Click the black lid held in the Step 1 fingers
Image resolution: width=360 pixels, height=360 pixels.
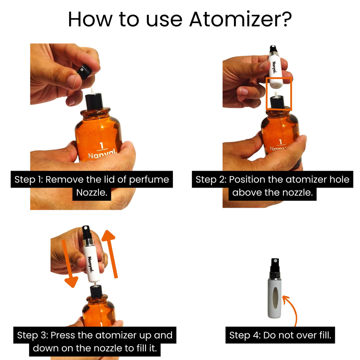click(84, 71)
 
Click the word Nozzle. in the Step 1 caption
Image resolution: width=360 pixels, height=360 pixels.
click(92, 192)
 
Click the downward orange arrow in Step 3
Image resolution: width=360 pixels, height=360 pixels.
click(69, 264)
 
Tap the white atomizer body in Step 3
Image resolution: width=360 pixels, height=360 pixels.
click(91, 264)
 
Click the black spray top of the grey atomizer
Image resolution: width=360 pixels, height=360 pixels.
click(275, 266)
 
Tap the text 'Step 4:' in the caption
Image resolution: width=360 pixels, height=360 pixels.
click(245, 335)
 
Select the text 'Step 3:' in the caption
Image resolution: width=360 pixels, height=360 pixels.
click(33, 335)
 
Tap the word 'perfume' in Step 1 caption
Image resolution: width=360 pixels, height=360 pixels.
click(149, 180)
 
